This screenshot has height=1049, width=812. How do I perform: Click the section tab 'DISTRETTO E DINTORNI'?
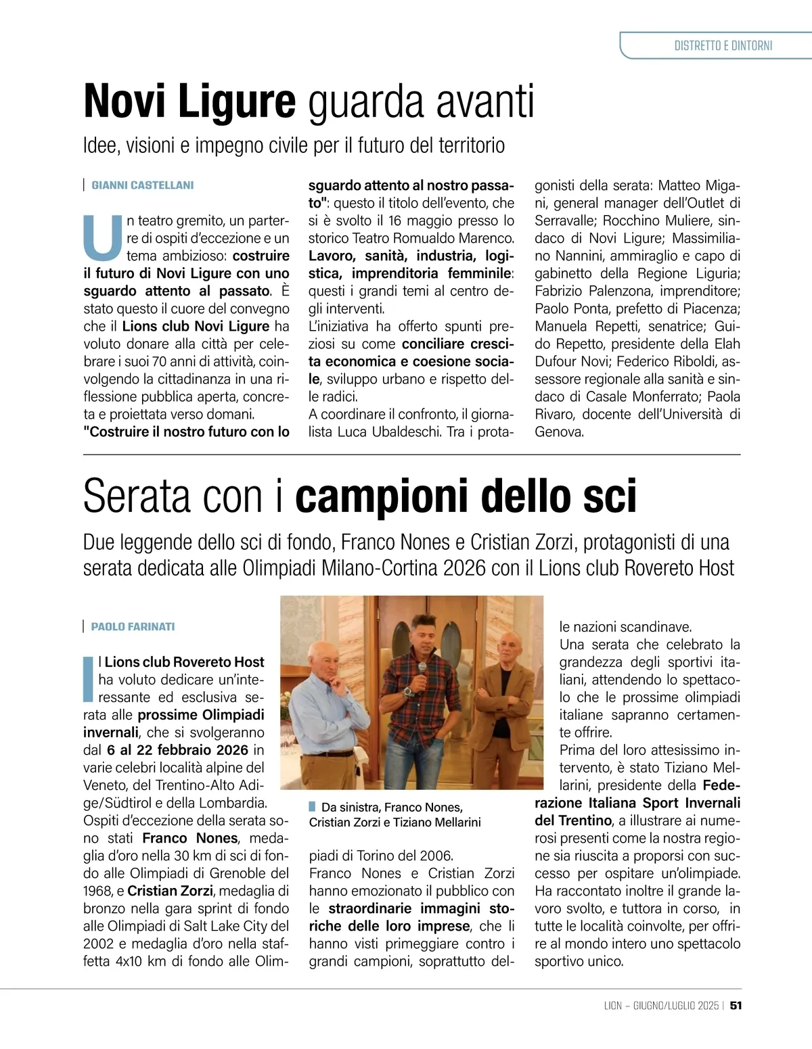(723, 46)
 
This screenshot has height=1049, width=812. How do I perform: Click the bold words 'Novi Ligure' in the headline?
(189, 101)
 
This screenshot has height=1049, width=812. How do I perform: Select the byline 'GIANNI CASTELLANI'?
(142, 185)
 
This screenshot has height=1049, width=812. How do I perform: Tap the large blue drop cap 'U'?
(103, 238)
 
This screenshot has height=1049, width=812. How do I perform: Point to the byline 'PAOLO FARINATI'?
(133, 627)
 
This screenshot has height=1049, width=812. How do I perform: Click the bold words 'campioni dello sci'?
(466, 496)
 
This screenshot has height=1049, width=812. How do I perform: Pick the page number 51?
(736, 1006)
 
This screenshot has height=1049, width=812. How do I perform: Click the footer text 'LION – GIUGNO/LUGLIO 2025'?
(661, 1006)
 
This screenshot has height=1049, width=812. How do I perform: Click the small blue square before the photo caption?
(312, 806)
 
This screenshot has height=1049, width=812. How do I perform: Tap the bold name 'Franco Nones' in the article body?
(190, 838)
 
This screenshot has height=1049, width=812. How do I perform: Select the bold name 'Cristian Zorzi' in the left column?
(170, 891)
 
